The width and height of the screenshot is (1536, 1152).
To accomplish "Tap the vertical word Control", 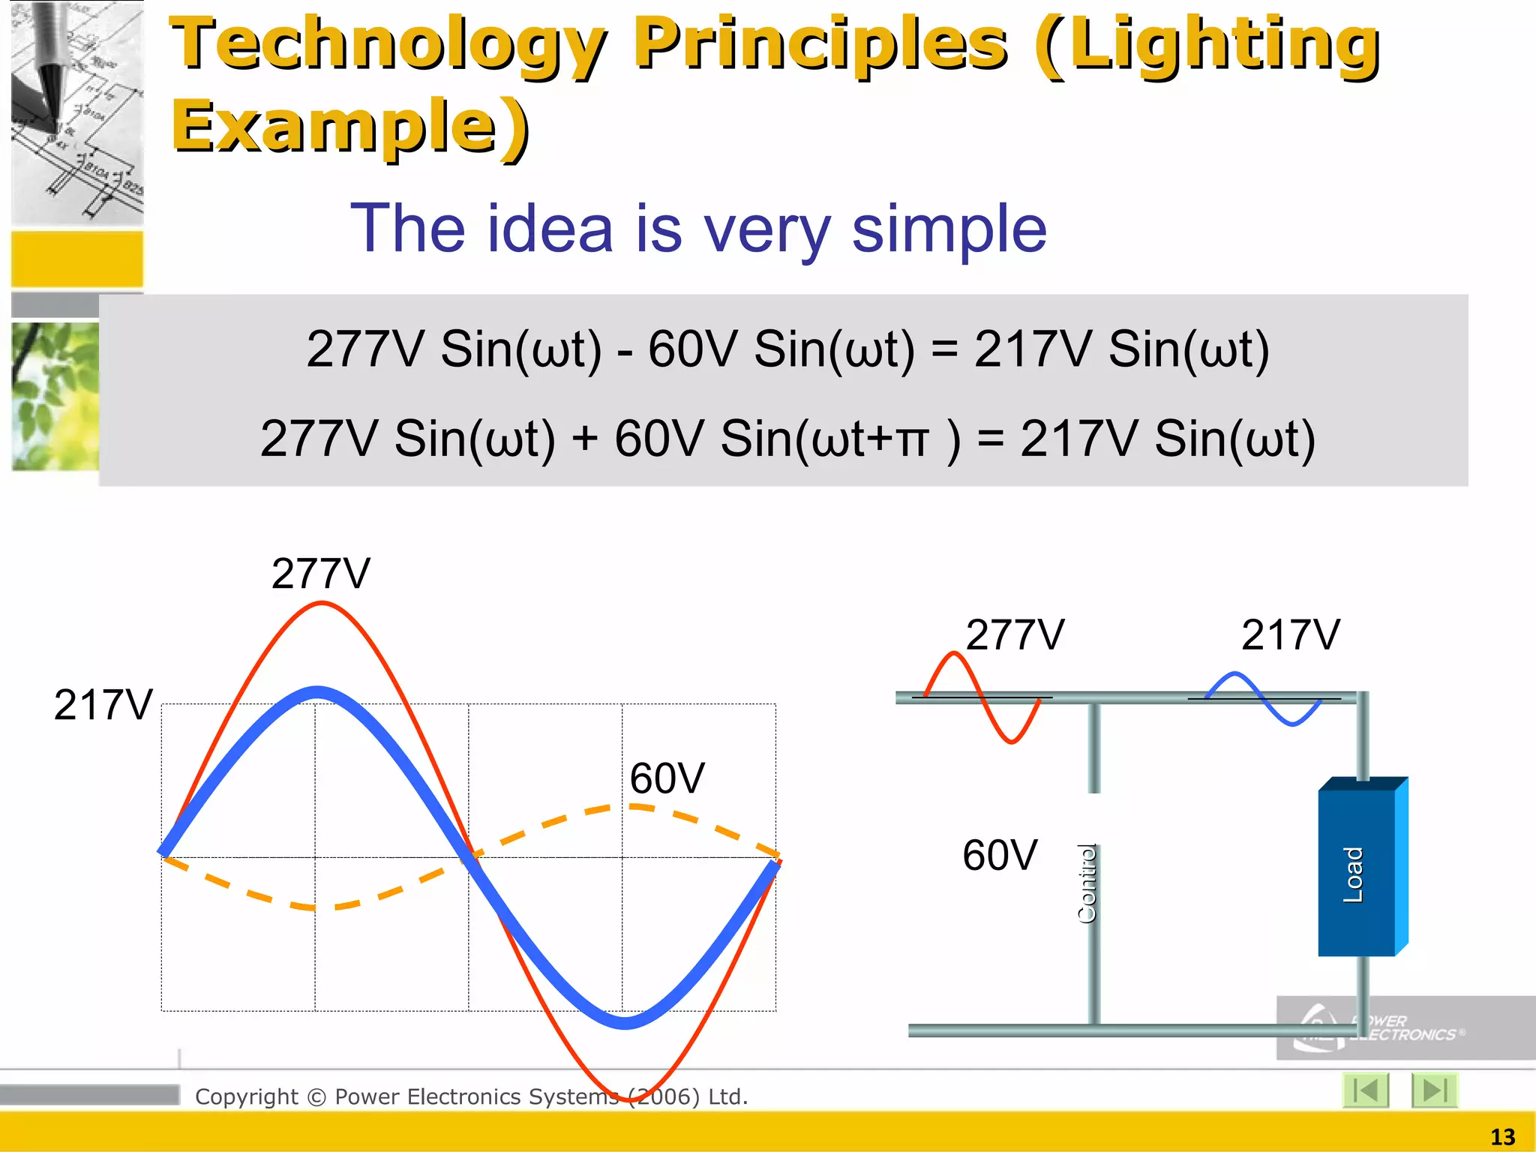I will click(x=1087, y=883).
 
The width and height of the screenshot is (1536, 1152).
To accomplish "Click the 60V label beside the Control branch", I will click(x=1000, y=855).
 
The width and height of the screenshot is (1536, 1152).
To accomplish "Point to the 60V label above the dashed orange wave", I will click(x=667, y=778).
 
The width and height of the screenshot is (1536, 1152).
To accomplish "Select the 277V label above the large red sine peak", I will click(x=321, y=574).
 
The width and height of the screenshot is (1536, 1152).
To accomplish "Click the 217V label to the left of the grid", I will click(x=103, y=705).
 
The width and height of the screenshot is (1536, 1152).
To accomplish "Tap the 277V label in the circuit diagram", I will click(x=1014, y=635).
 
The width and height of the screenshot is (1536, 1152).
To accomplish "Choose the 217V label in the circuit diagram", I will click(x=1290, y=635).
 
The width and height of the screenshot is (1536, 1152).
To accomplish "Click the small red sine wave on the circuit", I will click(x=982, y=697).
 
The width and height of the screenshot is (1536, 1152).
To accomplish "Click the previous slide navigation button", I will click(x=1366, y=1090).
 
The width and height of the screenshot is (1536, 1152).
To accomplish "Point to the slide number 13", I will click(x=1502, y=1137).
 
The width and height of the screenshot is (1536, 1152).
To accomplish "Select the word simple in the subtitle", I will click(x=949, y=229).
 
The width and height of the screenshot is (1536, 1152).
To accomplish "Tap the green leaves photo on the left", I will click(x=55, y=396).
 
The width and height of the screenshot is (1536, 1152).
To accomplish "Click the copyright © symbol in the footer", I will click(x=317, y=1097).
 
